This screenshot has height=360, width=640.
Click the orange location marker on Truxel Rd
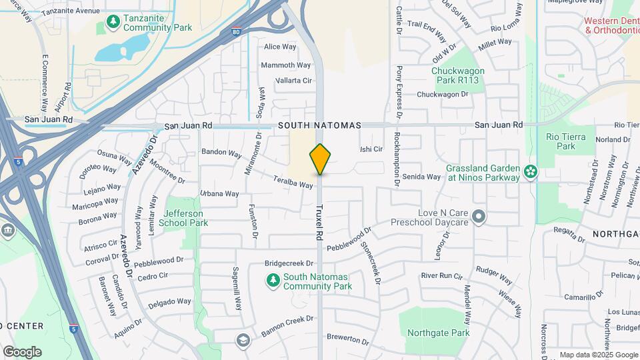320,159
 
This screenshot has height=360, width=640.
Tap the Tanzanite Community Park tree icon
113,23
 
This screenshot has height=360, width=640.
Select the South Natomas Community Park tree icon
272,281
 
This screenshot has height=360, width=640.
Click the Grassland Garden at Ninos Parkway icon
531,172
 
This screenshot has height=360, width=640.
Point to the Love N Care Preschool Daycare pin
477,217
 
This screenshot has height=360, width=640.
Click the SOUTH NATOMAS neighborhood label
319,125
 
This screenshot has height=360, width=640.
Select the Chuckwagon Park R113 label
458,75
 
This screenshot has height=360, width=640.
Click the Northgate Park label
438,333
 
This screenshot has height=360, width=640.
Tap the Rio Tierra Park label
565,141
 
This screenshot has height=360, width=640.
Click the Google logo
22,351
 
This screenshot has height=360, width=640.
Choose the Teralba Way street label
293,181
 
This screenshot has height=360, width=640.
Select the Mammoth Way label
286,65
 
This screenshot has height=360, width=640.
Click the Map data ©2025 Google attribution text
599,355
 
